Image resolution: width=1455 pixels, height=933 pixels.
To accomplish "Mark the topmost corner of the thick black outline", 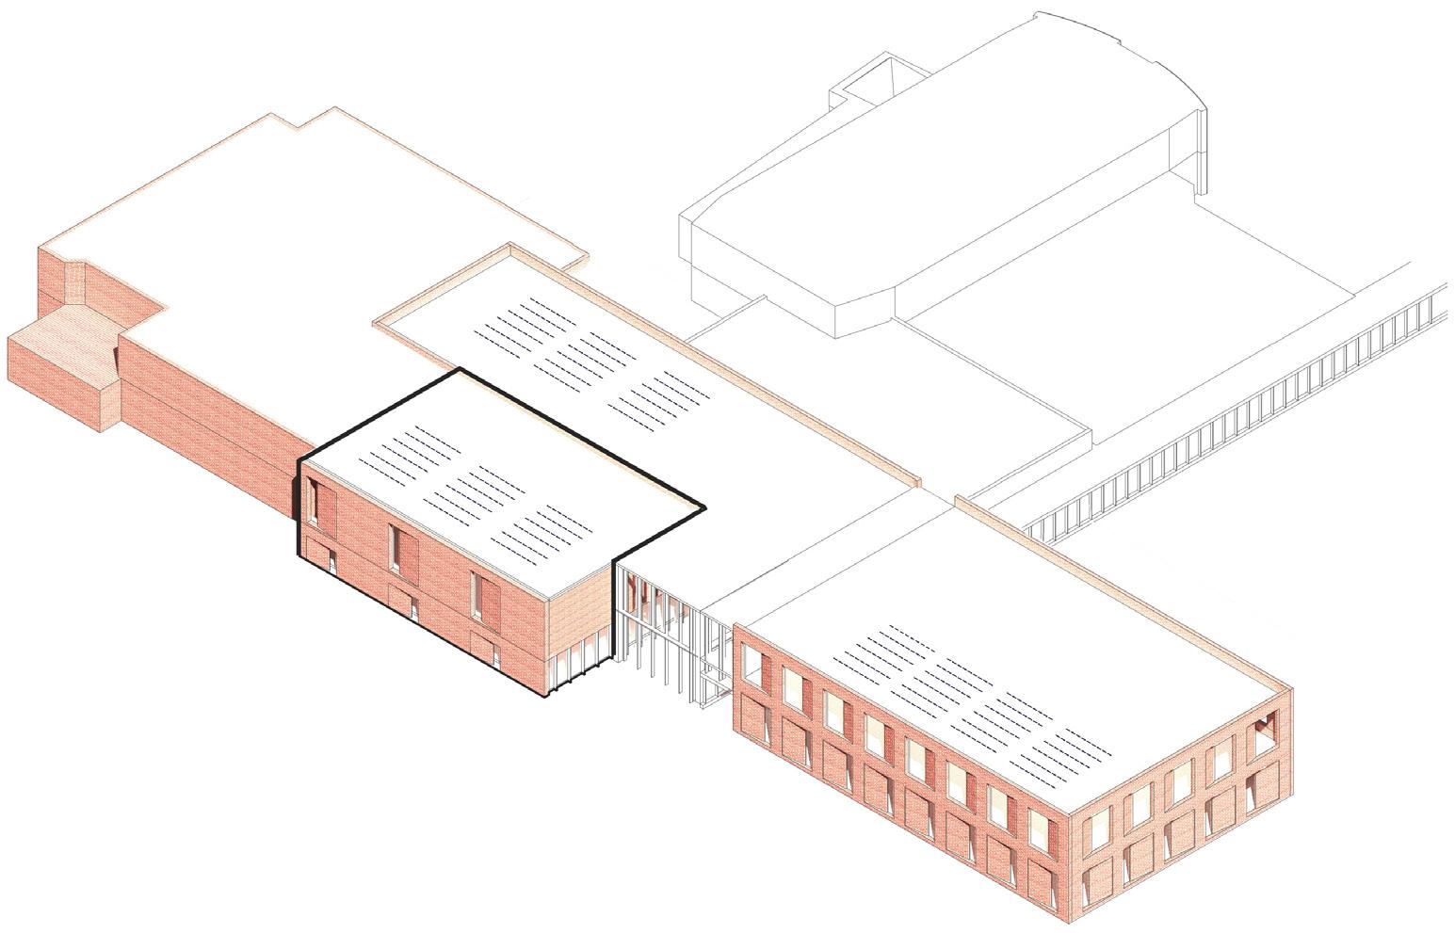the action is pyautogui.click(x=460, y=370).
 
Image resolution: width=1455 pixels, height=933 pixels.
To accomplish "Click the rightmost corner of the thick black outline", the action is pyautogui.click(x=704, y=509).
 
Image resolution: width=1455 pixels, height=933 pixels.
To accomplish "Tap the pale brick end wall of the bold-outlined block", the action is pyautogui.click(x=580, y=611).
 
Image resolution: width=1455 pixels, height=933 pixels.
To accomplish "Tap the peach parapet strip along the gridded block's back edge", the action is pyautogui.click(x=1121, y=593).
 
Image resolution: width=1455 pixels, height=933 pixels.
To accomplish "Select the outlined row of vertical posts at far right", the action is pyautogui.click(x=1243, y=414).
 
